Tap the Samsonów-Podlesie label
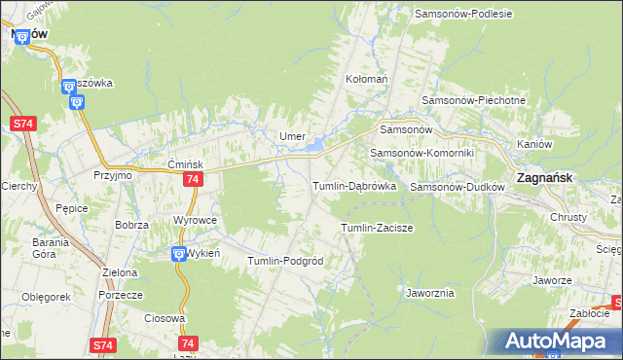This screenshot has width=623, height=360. pos(463,14)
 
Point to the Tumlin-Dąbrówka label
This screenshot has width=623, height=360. pos(353,186)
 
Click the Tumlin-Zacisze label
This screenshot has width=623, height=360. pos(377,228)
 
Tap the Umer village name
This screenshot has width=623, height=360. pos(293,136)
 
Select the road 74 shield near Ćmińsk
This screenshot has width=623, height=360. pos(193,180)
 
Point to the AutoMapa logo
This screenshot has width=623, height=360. pos(556,341)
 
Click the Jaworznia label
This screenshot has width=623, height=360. pos(428,292)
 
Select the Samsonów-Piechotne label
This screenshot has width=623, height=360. pos(473,100)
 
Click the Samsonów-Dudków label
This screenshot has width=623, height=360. pos(456,186)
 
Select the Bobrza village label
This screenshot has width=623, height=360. pos(130,225)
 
